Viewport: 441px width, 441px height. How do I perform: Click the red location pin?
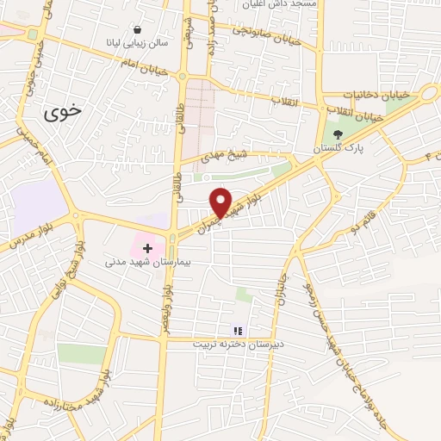pyautogui.click(x=221, y=202)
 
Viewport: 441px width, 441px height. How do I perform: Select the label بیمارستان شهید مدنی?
pyautogui.click(x=146, y=259)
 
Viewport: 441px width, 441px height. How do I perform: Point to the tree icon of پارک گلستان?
pyautogui.click(x=338, y=134)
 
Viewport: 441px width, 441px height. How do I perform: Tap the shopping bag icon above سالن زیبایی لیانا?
pyautogui.click(x=138, y=29)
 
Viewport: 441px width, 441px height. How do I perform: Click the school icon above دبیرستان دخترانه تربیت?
pyautogui.click(x=239, y=330)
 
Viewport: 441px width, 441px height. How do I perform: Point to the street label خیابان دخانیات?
pyautogui.click(x=373, y=94)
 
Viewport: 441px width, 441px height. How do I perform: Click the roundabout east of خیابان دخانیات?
pyautogui.click(x=427, y=93)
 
